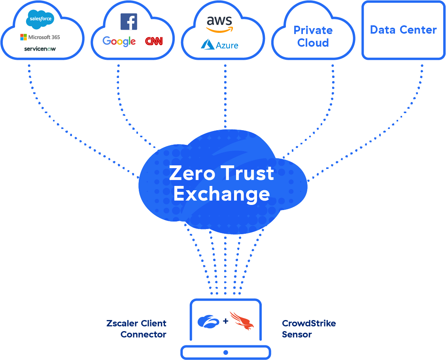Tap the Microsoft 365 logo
(40, 37)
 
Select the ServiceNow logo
(40, 49)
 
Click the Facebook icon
(129, 21)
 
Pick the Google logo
(119, 41)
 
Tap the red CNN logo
(154, 41)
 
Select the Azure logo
(219, 45)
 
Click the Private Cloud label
(313, 36)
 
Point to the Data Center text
(403, 30)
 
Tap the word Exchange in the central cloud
(221, 194)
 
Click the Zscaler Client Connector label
(136, 329)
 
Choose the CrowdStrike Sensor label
(309, 329)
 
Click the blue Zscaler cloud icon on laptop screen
(208, 321)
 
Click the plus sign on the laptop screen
(226, 321)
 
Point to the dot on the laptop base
(226, 352)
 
